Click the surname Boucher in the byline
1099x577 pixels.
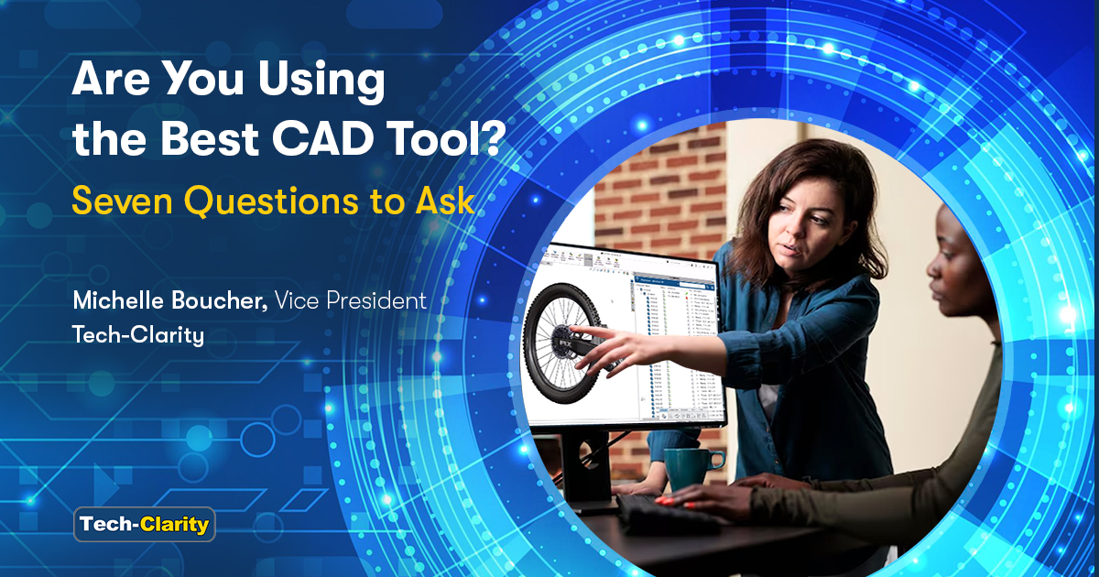[x=223, y=300]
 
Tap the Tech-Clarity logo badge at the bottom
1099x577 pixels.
[x=145, y=525]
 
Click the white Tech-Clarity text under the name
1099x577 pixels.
[x=137, y=335]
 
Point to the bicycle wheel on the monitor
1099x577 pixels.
[x=561, y=343]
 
